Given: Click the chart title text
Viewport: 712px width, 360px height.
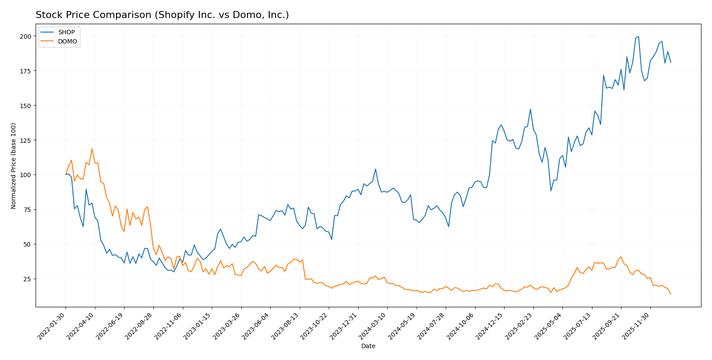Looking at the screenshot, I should (x=162, y=15).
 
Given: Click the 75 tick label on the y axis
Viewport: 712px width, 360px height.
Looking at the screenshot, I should (x=28, y=210).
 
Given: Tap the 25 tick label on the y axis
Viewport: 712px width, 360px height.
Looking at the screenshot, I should (x=28, y=279).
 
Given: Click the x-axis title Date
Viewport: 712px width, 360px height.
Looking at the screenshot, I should (x=368, y=346).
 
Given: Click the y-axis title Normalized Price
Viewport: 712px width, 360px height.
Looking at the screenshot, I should (x=14, y=166).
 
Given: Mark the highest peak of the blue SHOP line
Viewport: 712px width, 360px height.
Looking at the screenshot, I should (x=638, y=36).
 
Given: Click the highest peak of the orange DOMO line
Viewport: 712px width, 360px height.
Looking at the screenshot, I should (x=92, y=149).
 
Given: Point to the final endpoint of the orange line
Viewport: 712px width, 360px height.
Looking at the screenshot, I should (x=671, y=294).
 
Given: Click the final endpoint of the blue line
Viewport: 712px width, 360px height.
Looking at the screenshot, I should (x=671, y=62).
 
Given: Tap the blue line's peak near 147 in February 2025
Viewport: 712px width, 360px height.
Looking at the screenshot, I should (x=530, y=109).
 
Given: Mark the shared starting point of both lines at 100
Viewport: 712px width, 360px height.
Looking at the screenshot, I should (x=65, y=175).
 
